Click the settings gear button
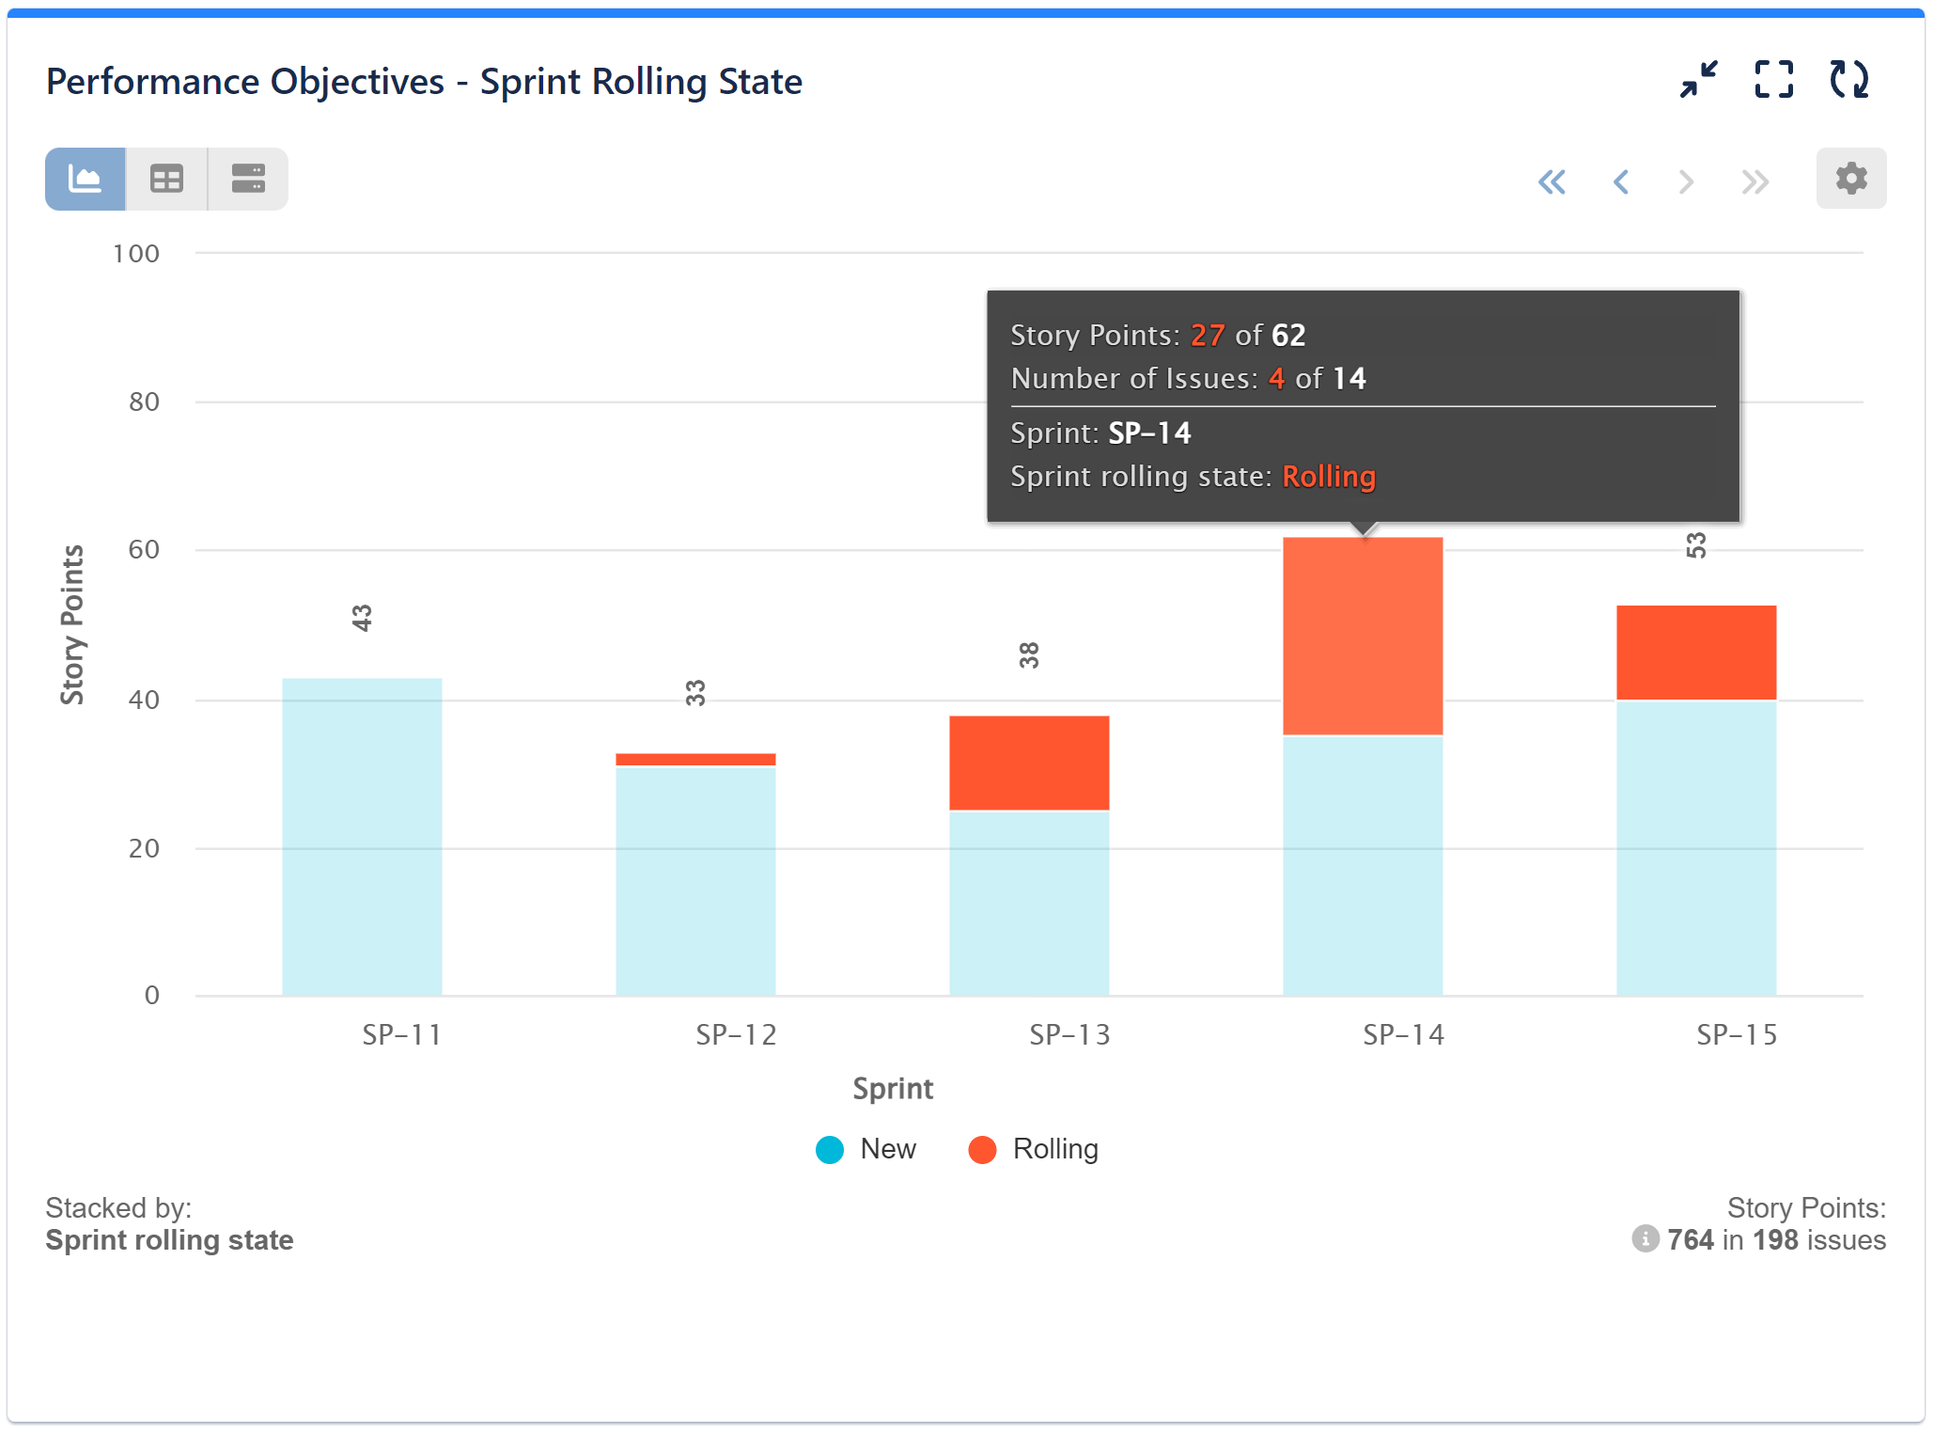1850,179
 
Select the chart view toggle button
86,179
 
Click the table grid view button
166,179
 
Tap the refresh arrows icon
1848,80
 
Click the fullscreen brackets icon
1773,80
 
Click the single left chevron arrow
1620,181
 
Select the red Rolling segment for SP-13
1029,763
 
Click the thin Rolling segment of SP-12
695,759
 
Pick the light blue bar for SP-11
362,837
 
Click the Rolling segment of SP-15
1696,653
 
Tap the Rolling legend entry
1034,1149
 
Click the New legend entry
866,1149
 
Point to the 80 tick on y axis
144,402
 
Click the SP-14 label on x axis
1403,1035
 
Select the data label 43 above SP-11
363,618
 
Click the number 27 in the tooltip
1208,336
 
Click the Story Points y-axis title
72,624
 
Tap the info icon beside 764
1645,1239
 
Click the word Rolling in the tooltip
1328,477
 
